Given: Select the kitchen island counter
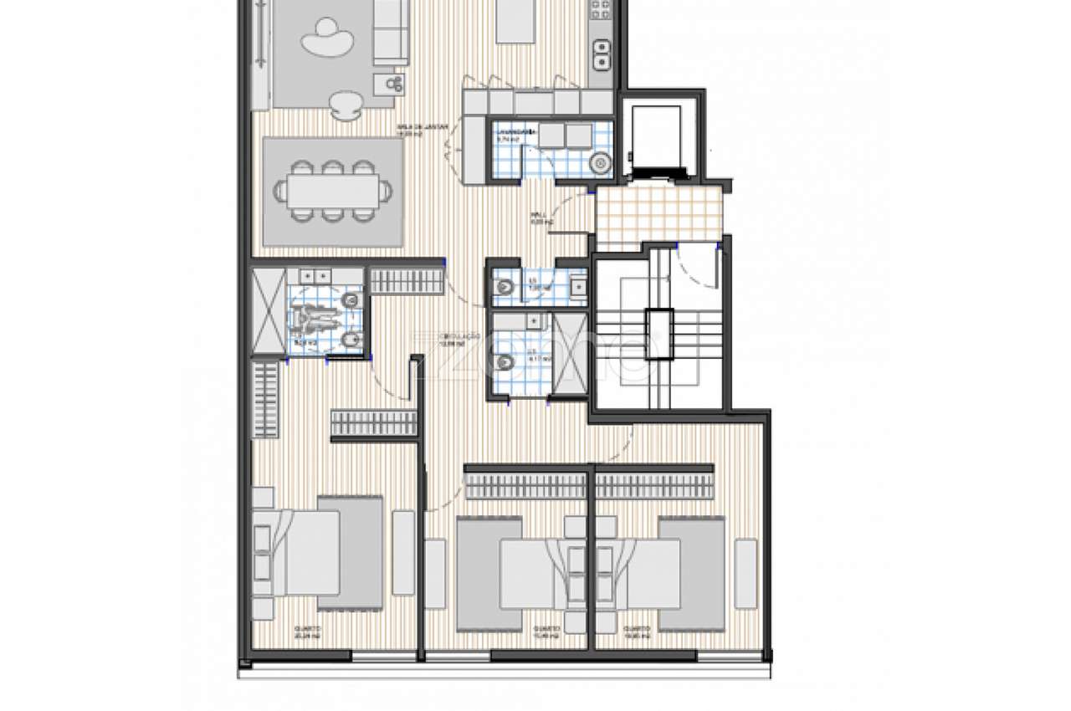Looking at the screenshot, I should pos(517,20).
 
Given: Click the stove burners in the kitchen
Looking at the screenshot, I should pos(600,10).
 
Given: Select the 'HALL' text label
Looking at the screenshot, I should pos(541,219).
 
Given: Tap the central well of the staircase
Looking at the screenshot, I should pos(658,333).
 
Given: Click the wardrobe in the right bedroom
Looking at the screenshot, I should pos(654,484).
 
